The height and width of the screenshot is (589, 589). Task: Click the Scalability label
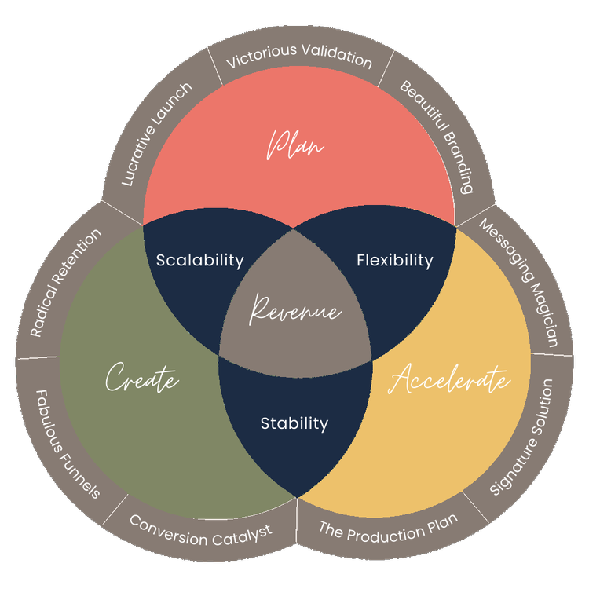point(199,260)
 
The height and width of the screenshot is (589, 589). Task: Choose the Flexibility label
point(394,259)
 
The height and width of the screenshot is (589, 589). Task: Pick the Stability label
point(294,423)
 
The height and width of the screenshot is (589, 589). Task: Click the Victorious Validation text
point(298,56)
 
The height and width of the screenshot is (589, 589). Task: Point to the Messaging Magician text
point(519,282)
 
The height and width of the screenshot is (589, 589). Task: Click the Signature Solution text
point(521,437)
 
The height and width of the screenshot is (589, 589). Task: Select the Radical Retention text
point(67,283)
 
